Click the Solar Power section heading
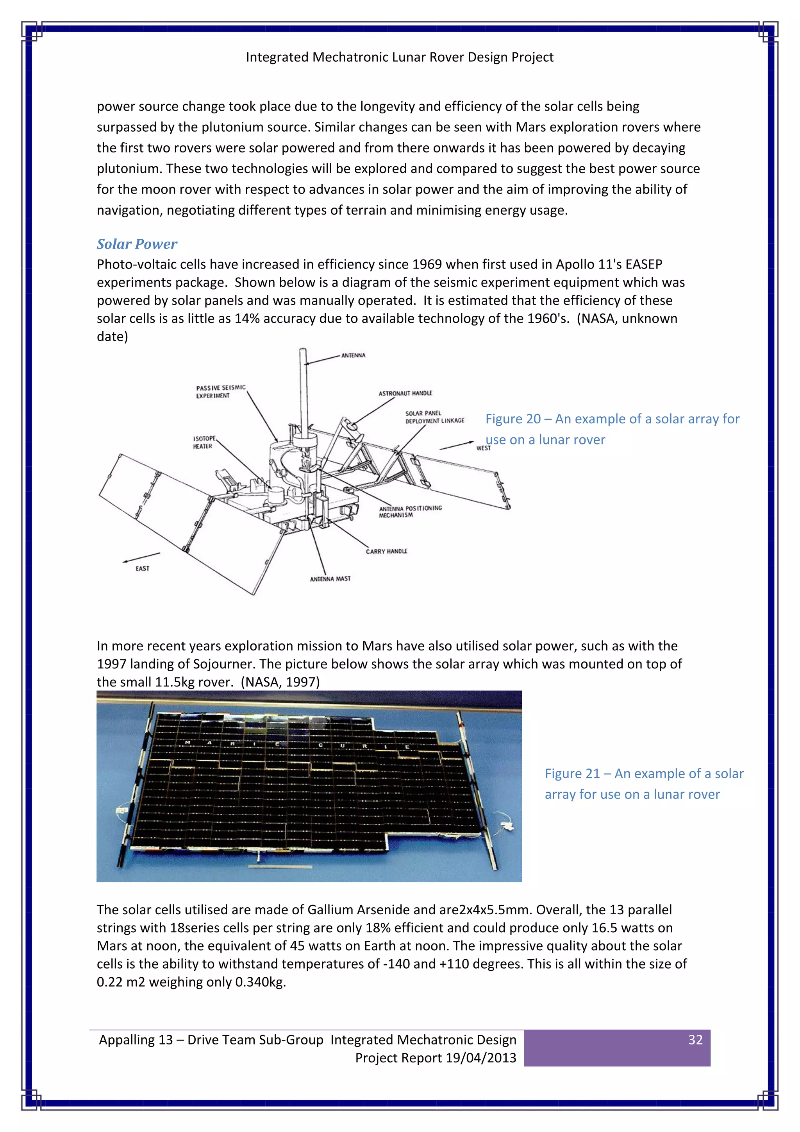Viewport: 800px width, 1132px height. pyautogui.click(x=137, y=244)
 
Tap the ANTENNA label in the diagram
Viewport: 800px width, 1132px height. pyautogui.click(x=353, y=355)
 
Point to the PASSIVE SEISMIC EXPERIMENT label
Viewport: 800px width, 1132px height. pyautogui.click(x=220, y=391)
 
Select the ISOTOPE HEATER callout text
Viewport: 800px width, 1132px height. pyautogui.click(x=204, y=442)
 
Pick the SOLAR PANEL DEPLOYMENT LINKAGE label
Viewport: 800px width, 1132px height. pyautogui.click(x=434, y=417)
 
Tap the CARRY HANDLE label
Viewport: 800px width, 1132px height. pyautogui.click(x=386, y=551)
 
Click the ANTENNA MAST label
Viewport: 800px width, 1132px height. pyautogui.click(x=330, y=579)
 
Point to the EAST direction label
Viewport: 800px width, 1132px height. pyautogui.click(x=142, y=568)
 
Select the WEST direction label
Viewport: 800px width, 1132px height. pyautogui.click(x=483, y=448)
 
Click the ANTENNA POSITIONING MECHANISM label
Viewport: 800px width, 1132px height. pyautogui.click(x=410, y=511)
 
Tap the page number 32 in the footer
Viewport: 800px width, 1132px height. pyautogui.click(x=695, y=1040)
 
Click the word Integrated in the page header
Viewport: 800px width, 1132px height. pyautogui.click(x=277, y=57)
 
